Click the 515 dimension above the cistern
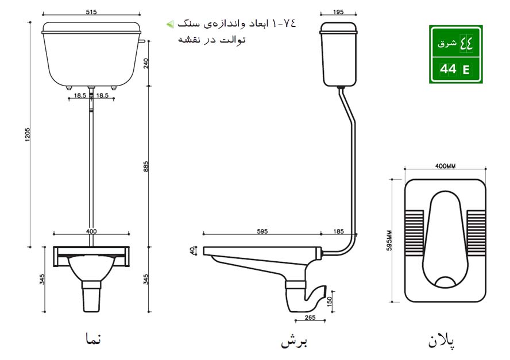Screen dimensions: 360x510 91,11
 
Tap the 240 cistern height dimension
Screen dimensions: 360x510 146,63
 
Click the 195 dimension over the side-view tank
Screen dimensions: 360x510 338,11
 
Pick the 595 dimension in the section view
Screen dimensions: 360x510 262,231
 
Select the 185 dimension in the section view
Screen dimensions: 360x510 338,231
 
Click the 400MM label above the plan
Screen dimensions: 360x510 445,166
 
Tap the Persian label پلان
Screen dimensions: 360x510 443,342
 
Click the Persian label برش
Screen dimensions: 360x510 295,342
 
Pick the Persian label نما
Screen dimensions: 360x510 91,339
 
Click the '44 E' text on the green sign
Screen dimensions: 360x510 454,69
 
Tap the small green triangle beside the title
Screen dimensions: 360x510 169,24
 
